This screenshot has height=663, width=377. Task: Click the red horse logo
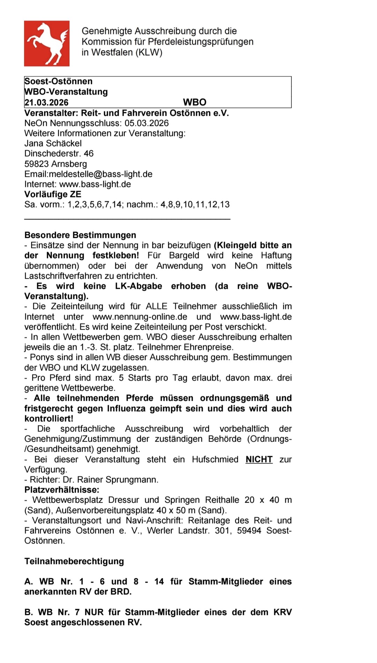[47, 44]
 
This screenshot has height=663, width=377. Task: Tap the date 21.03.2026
[46, 103]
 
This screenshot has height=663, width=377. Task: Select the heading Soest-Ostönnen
[58, 81]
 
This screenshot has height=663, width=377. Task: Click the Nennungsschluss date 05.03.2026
[147, 123]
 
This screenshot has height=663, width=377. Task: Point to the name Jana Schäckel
[53, 143]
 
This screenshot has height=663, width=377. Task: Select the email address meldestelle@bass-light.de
[101, 174]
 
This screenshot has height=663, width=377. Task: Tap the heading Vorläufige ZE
[53, 194]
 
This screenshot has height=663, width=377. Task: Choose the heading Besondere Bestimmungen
[80, 235]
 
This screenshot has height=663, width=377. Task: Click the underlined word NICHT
[259, 459]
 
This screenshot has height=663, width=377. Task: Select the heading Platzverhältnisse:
[62, 490]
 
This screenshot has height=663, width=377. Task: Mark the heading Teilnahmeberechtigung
[74, 561]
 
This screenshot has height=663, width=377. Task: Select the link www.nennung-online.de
[140, 317]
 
